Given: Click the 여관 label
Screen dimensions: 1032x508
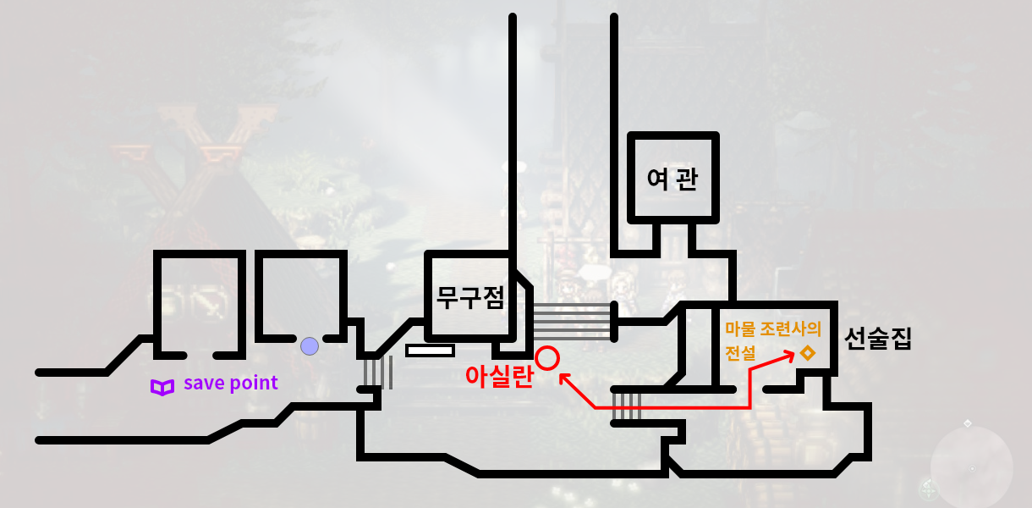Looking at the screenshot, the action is (672, 179).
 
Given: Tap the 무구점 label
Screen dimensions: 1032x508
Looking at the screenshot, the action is (470, 297).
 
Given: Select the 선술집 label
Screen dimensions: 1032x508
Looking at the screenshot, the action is (878, 340).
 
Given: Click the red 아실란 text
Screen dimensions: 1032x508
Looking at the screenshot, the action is (499, 376).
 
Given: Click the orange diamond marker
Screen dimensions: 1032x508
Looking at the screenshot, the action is (808, 352).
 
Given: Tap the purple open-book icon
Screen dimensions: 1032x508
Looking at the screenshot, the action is (162, 387).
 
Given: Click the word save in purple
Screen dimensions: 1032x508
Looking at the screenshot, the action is (203, 383).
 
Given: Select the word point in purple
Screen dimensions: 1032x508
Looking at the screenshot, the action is (252, 384).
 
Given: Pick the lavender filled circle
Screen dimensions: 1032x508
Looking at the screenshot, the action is (310, 345).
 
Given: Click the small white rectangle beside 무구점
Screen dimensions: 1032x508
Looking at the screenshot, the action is (430, 350).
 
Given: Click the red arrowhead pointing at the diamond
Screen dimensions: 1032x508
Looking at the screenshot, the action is (789, 355).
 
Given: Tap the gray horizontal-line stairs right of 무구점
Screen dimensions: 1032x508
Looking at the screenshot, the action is (571, 320).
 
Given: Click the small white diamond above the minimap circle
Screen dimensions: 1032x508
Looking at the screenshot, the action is (968, 422).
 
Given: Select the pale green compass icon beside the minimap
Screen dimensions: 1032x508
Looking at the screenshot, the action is (929, 489).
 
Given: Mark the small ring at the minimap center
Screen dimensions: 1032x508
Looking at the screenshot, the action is (972, 468).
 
